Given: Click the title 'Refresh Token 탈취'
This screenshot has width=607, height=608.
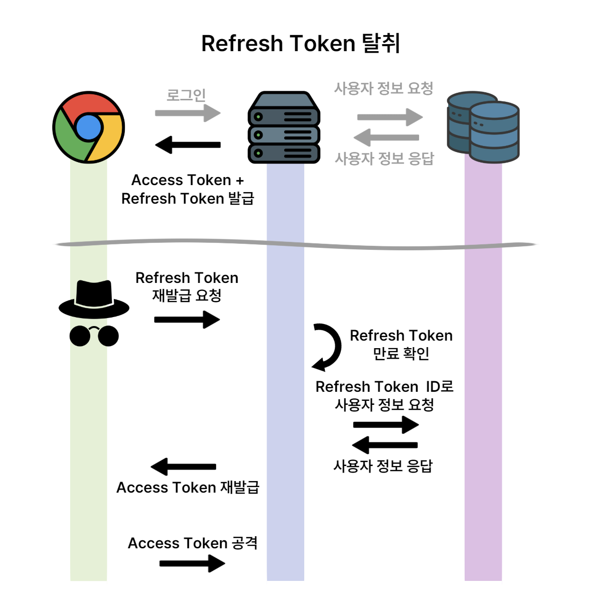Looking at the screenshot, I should (x=300, y=44).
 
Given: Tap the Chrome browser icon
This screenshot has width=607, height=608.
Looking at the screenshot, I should (x=89, y=127).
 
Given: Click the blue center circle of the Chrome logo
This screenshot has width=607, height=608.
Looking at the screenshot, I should (x=89, y=127).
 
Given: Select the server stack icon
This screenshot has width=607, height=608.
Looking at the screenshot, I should (x=284, y=128).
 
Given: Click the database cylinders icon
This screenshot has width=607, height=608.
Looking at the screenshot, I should (x=483, y=128).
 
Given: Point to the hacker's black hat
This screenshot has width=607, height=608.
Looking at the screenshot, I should (x=94, y=299).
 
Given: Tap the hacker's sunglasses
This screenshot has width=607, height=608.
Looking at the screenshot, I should (x=94, y=336).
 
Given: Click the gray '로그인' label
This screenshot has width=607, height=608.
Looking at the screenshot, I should (x=186, y=95).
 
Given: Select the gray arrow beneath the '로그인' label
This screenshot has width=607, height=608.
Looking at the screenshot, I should (x=187, y=113).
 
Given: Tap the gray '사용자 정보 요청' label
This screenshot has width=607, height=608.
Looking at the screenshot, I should (x=383, y=89).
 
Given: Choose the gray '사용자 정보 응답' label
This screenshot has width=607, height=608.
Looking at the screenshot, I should (x=384, y=159).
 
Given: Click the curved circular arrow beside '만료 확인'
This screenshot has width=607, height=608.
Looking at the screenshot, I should (x=327, y=347).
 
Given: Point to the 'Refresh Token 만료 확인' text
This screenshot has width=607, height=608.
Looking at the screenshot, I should (x=401, y=344).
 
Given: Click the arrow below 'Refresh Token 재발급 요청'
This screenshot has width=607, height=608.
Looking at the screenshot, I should (x=186, y=320).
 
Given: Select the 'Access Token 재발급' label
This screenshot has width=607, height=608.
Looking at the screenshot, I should (x=187, y=488).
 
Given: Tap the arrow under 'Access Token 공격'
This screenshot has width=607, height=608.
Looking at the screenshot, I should (x=192, y=563).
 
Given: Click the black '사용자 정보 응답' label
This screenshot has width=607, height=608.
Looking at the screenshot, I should (x=383, y=467).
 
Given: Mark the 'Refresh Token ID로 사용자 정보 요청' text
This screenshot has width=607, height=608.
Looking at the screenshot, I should (x=384, y=396).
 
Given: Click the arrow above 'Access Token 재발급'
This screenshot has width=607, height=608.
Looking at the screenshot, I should (x=183, y=467).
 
